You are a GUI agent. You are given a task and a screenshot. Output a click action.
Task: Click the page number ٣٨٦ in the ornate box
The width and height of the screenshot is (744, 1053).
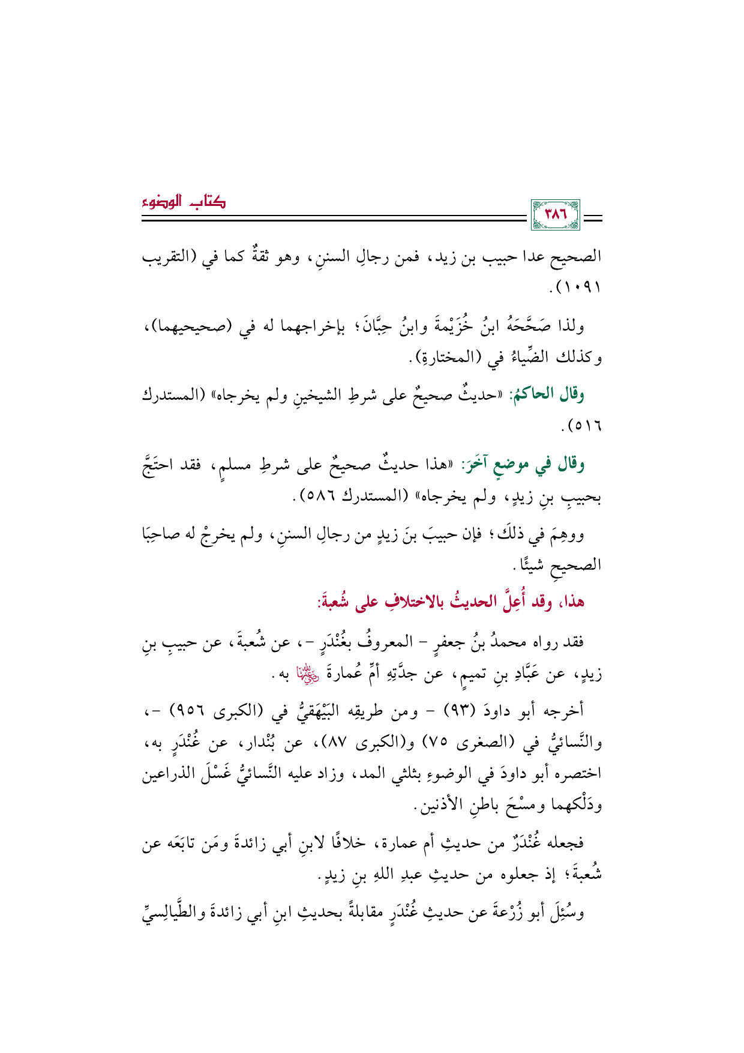click(555, 214)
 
